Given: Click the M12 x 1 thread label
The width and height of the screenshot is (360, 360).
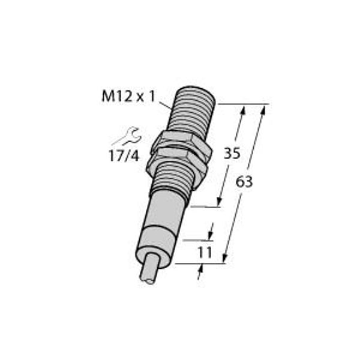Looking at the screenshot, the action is click(x=128, y=97).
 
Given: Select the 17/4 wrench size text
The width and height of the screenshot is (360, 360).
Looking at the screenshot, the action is click(x=124, y=156).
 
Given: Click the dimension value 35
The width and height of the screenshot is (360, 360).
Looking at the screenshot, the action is click(x=232, y=153).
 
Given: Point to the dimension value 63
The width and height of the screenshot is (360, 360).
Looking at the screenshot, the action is click(x=244, y=182).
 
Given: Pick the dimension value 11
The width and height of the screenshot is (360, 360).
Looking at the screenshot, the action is click(x=205, y=253).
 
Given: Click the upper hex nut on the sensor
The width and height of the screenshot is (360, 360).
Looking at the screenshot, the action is click(x=181, y=144).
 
